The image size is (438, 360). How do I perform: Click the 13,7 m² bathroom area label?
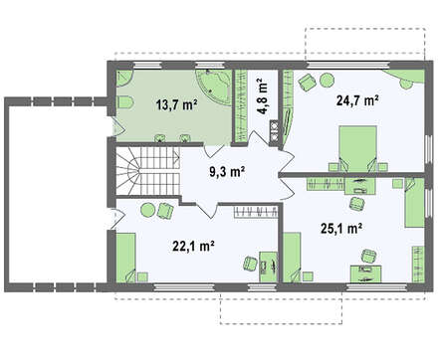[x=177, y=105]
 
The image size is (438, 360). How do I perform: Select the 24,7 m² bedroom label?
[x=357, y=99]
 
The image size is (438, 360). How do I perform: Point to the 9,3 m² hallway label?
[x=227, y=172]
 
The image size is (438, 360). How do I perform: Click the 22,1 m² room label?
[x=193, y=246]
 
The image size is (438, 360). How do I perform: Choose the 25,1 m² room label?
[x=341, y=229]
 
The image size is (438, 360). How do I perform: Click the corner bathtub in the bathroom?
[x=214, y=87]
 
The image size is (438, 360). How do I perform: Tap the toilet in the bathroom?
[x=124, y=101]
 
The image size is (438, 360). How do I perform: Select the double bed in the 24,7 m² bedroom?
[x=358, y=148]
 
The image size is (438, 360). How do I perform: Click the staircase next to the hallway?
[x=147, y=171]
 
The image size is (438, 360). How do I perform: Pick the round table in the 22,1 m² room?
[x=147, y=210]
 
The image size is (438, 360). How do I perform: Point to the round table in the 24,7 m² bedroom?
[x=328, y=81]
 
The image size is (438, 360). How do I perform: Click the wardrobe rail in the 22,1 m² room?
[x=256, y=212]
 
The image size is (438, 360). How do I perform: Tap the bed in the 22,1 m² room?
[x=125, y=258]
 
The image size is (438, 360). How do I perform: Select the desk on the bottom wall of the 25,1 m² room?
[x=366, y=273]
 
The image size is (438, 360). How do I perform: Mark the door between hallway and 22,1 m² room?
[x=206, y=209]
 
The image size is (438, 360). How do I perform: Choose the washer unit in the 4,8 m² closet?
[x=274, y=131]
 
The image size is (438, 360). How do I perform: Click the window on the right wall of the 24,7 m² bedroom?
[x=429, y=151]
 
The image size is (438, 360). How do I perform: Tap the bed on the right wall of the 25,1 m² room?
[x=415, y=203]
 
